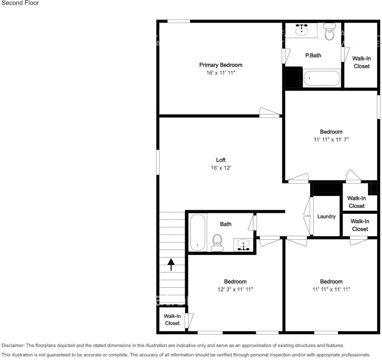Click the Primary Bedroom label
pyautogui.click(x=221, y=65)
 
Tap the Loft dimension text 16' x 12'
pyautogui.click(x=221, y=168)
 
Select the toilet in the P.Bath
pyautogui.click(x=330, y=32)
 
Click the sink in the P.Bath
pyautogui.click(x=302, y=30)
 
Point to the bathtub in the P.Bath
pyautogui.click(x=321, y=78)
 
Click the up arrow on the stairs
pyautogui.click(x=171, y=265)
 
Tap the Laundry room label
pyautogui.click(x=326, y=216)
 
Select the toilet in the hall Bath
pyautogui.click(x=217, y=243)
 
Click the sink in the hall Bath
pyautogui.click(x=244, y=245)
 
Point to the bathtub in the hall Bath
pyautogui.click(x=198, y=232)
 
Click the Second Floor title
pyautogui.click(x=20, y=3)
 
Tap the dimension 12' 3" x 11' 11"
pyautogui.click(x=235, y=289)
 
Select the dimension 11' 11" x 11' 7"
pyautogui.click(x=331, y=140)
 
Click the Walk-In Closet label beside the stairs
pyautogui.click(x=172, y=320)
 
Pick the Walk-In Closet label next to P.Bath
pyautogui.click(x=361, y=62)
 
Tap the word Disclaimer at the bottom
pyautogui.click(x=13, y=345)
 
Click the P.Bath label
pyautogui.click(x=313, y=55)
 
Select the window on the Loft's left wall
pyautogui.click(x=158, y=162)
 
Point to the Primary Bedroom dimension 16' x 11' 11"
pyautogui.click(x=221, y=73)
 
